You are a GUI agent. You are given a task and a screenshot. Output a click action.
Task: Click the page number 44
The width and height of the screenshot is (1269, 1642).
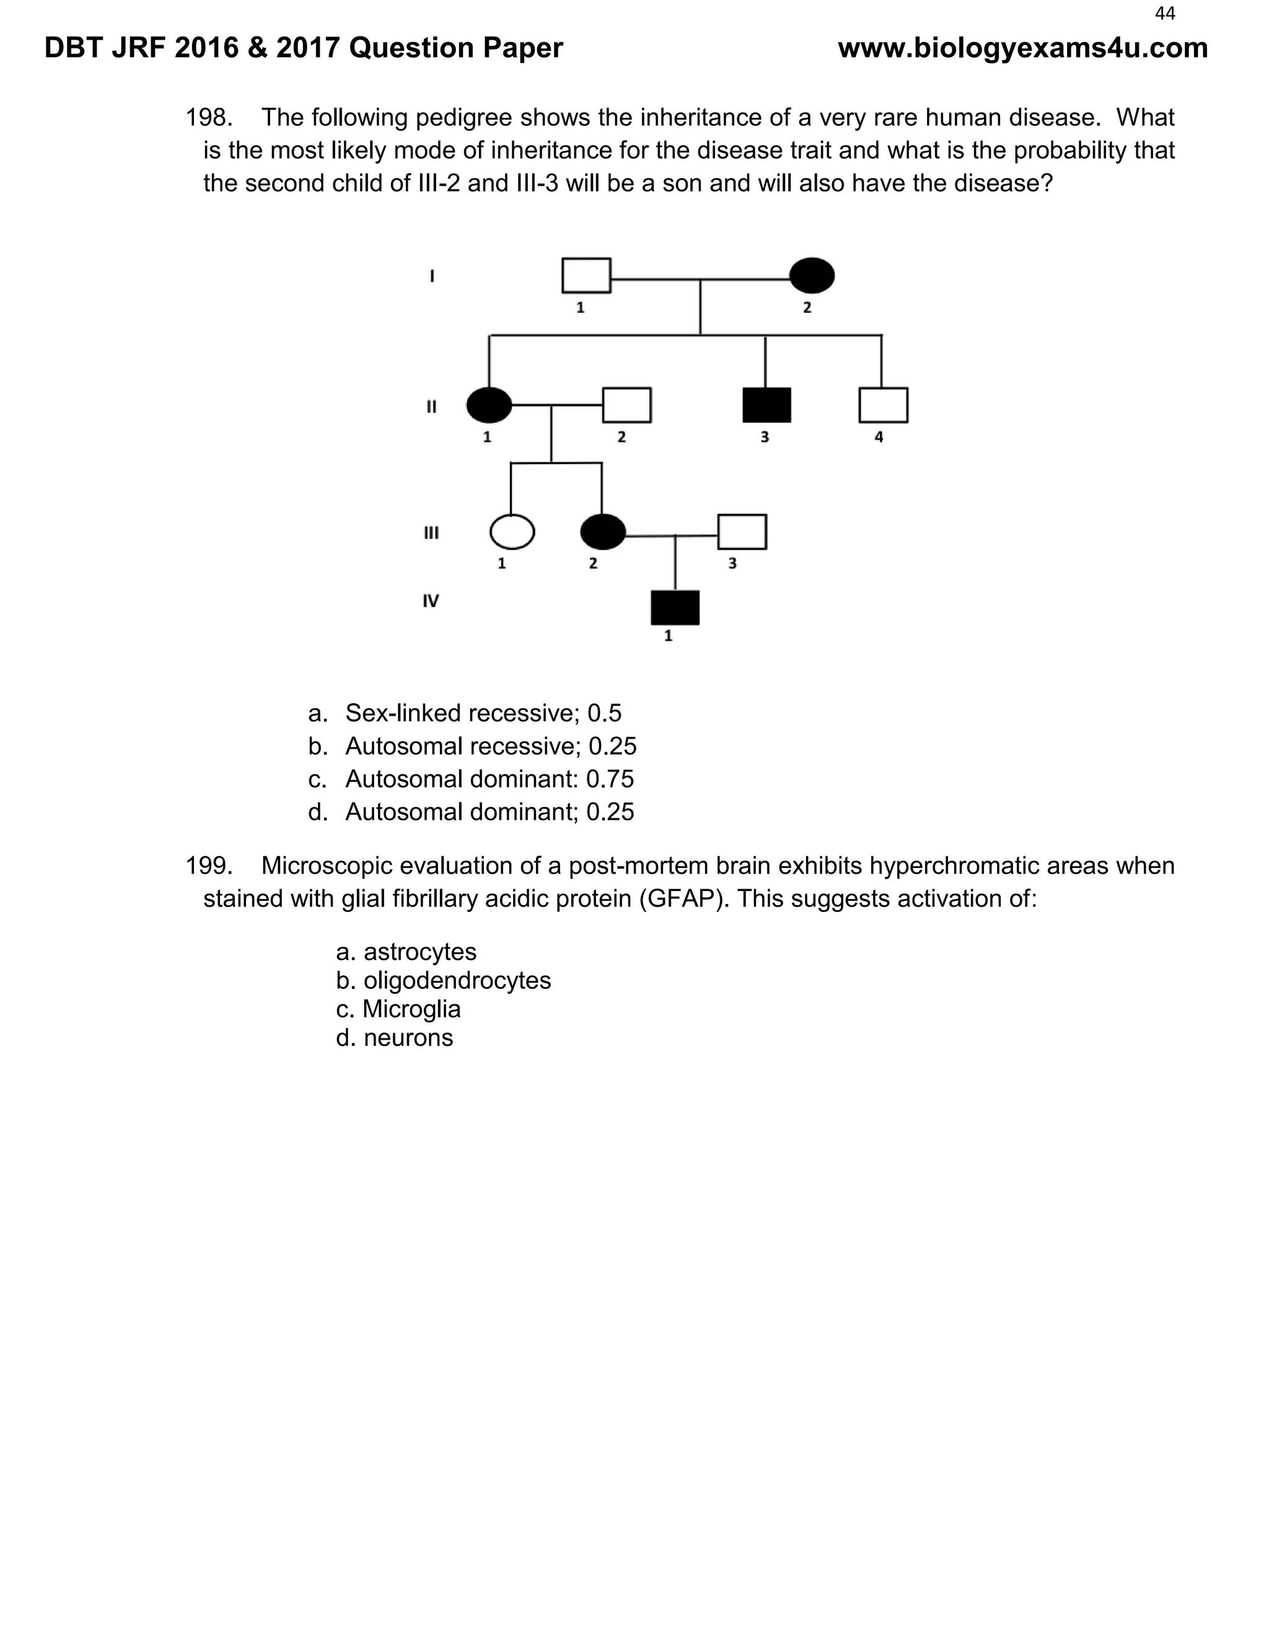pos(1164,14)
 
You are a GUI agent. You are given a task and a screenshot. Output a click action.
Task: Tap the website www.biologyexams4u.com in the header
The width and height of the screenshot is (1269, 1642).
pos(1022,48)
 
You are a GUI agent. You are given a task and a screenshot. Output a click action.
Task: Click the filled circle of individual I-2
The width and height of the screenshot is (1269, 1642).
pos(812,275)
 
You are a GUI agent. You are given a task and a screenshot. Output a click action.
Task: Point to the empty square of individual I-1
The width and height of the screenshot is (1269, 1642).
pos(586,275)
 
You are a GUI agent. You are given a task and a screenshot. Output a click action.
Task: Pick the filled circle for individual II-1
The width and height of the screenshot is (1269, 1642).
pos(490,405)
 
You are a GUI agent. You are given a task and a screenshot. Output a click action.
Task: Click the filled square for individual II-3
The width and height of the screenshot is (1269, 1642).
pos(766,405)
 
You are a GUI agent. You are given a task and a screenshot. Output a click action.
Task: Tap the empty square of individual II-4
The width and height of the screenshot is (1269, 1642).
pos(884,405)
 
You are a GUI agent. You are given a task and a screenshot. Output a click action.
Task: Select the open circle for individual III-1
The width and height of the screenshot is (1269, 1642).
pos(512,532)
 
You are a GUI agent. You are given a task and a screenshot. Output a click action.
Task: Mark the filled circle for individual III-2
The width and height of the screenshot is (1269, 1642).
pos(603,532)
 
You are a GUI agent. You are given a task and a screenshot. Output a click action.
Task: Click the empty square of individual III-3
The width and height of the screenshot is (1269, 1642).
pos(742,532)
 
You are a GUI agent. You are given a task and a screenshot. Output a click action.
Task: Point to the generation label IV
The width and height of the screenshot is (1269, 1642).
pos(431,600)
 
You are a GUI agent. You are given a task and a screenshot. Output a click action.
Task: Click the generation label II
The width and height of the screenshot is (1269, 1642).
pos(431,406)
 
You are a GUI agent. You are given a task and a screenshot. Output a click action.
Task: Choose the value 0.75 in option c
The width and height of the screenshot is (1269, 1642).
pos(610,779)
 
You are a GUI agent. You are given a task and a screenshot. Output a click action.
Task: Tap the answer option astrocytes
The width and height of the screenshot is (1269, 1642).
pos(419,952)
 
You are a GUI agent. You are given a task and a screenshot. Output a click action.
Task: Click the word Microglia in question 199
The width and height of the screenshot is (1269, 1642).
pos(411,1009)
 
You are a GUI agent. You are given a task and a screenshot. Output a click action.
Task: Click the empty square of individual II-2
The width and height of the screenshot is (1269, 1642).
pos(627,405)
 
